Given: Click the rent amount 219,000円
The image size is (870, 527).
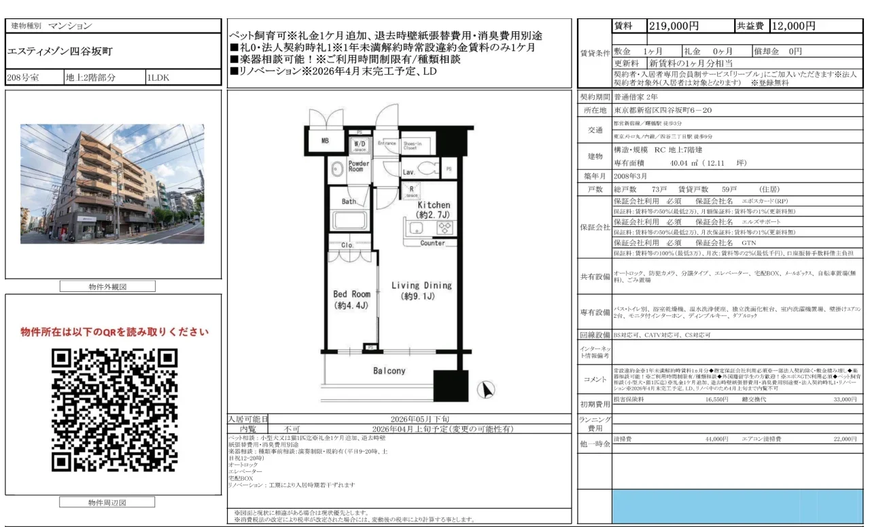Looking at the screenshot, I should [674, 26].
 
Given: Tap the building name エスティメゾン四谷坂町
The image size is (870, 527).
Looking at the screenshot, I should [60, 52].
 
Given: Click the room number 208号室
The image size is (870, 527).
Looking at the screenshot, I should [24, 77].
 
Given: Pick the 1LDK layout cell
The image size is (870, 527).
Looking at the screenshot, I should [158, 77].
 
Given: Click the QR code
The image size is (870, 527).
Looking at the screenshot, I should [114, 410].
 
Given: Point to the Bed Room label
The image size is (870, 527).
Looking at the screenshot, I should [351, 299].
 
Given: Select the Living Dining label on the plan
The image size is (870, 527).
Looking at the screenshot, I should [421, 291].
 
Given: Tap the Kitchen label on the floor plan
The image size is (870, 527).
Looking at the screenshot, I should [434, 209].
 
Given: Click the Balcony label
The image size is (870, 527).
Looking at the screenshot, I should [389, 371].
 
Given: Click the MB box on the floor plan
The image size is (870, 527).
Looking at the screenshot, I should [325, 141].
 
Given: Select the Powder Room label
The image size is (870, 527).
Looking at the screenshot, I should [359, 166].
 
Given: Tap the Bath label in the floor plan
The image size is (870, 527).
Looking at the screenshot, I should [349, 202].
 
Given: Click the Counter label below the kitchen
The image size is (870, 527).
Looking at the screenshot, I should [432, 243].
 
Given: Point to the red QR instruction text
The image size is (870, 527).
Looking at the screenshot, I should [114, 332].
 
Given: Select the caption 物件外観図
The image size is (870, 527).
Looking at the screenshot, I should [107, 287].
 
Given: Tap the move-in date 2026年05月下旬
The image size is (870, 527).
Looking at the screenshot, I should [419, 419].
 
